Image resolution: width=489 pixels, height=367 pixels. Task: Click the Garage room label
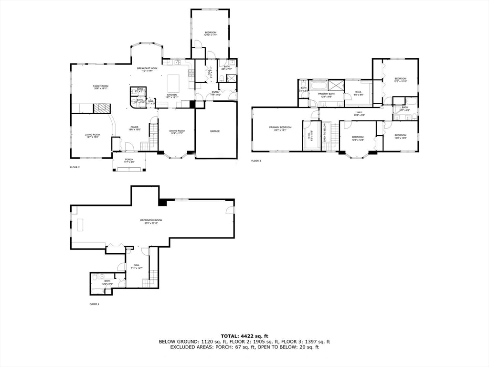[x=215, y=131]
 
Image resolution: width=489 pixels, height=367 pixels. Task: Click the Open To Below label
[x=325, y=132]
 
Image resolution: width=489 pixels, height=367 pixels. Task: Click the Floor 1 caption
[x=95, y=304]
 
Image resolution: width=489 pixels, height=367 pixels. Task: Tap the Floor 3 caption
[x=256, y=161]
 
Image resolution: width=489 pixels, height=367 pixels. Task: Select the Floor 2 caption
[x=75, y=167]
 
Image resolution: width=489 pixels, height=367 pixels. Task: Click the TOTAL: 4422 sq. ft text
[x=244, y=336]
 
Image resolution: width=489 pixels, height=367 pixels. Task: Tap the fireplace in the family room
[x=101, y=108]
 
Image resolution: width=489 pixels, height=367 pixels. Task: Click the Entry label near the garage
[x=216, y=93]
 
